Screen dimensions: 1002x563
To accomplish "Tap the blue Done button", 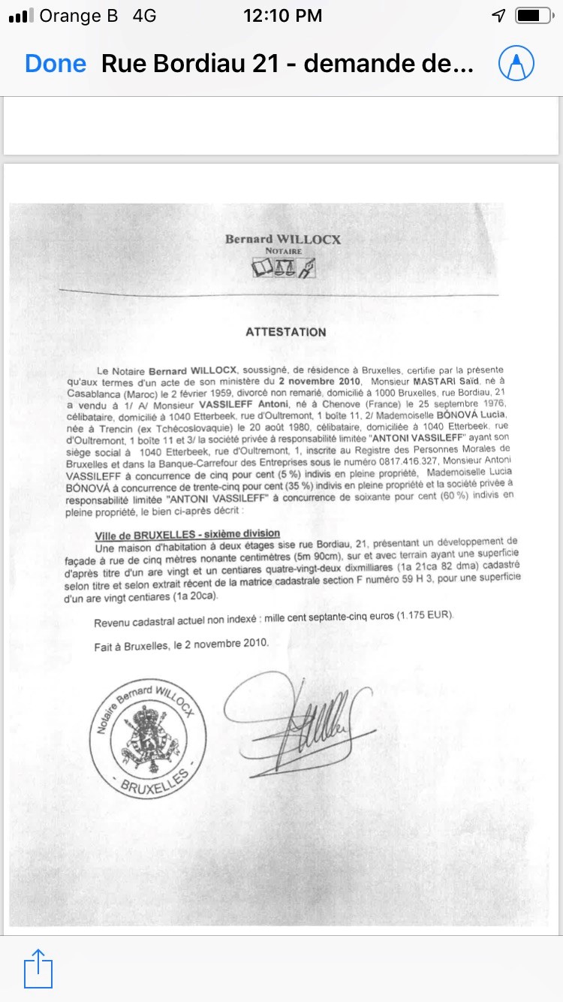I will click(56, 64).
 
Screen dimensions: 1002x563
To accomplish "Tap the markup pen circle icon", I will click(516, 64).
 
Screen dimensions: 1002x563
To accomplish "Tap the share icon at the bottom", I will click(39, 969).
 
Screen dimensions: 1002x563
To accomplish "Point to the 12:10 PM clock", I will click(283, 16).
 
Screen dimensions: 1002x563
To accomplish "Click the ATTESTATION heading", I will click(286, 332).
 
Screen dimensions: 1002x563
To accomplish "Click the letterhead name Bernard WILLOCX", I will click(283, 240).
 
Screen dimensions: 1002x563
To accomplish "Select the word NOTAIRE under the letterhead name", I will click(283, 251).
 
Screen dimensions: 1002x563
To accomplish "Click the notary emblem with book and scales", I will click(284, 267).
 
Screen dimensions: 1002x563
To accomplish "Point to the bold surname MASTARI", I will click(414, 381).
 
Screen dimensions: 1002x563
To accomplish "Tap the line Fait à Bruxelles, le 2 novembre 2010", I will click(181, 644).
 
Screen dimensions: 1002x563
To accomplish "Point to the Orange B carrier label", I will click(79, 16).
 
